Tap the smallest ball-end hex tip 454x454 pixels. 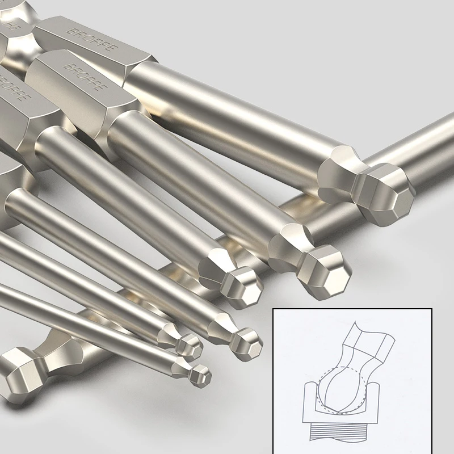(x=200, y=375)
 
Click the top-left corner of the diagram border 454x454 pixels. (x=274, y=309)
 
